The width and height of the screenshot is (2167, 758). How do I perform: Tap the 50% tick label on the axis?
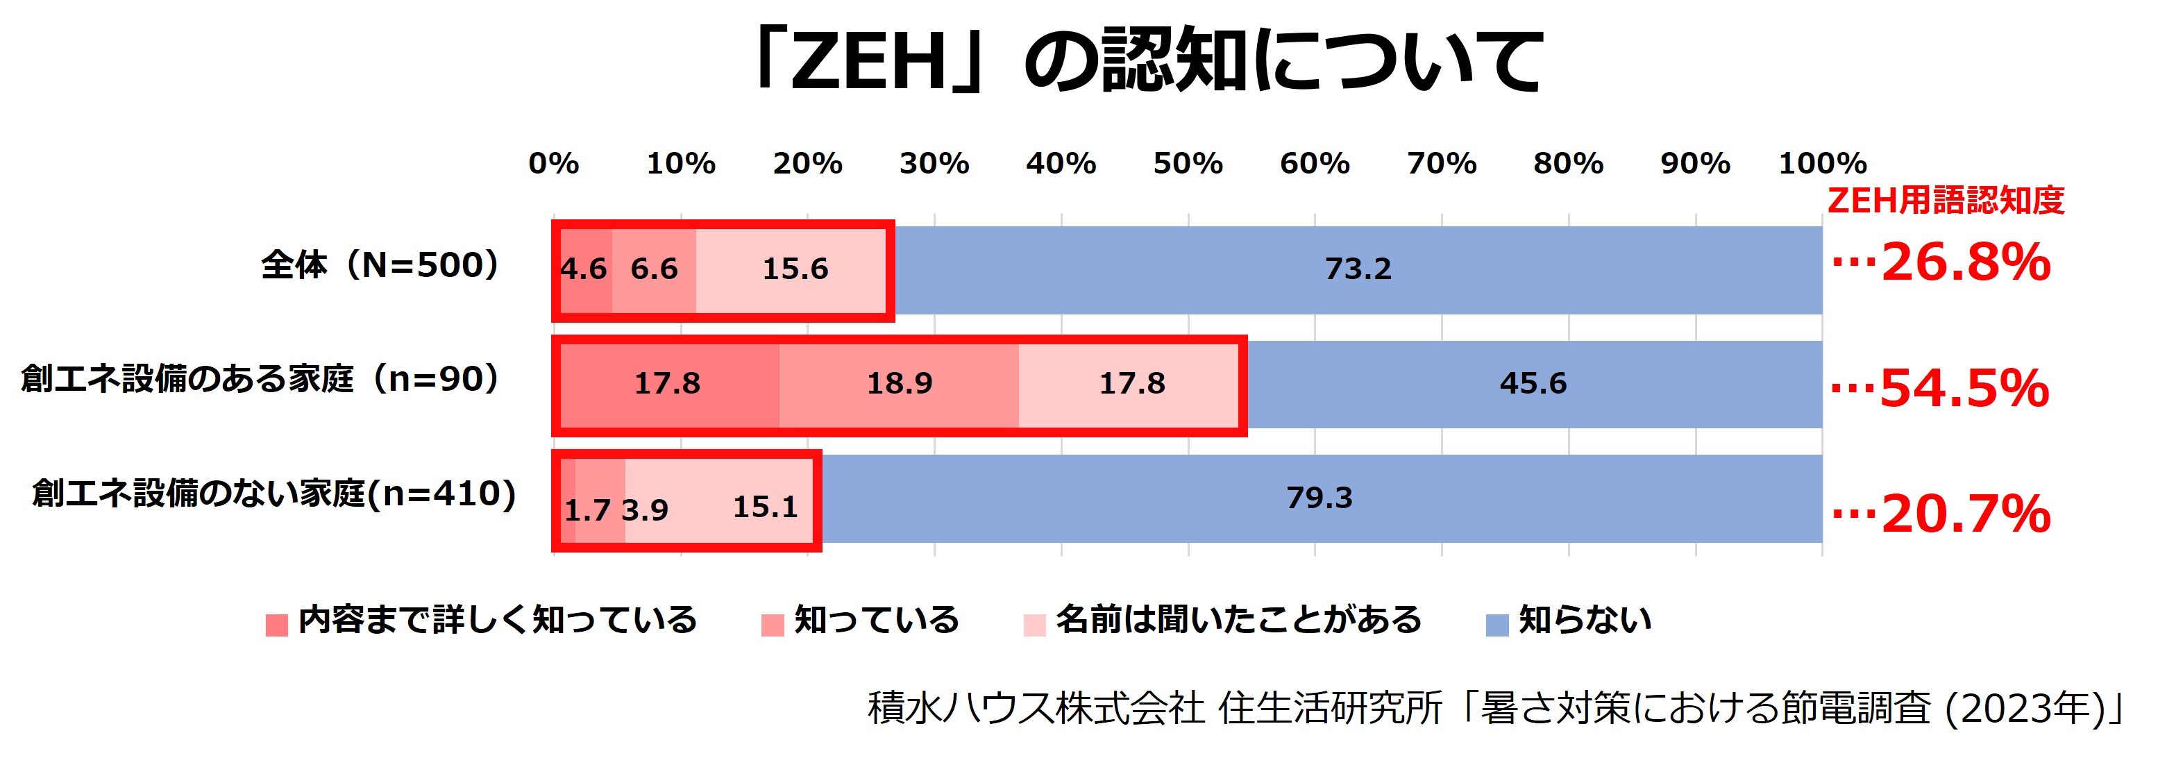click(1188, 163)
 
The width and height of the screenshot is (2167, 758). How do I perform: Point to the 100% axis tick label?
click(1822, 163)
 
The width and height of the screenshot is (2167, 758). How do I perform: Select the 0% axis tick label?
click(553, 163)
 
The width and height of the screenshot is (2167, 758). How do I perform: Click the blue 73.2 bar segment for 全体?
click(1358, 269)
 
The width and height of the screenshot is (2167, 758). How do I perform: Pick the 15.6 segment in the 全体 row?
click(794, 269)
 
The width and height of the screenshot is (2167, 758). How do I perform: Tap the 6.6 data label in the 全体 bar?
click(654, 269)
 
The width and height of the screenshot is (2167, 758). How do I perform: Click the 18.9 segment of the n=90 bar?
click(900, 384)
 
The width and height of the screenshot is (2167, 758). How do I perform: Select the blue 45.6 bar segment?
click(1533, 384)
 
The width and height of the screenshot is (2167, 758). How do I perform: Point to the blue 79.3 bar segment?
click(1319, 498)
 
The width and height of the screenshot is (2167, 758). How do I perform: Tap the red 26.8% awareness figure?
click(1965, 262)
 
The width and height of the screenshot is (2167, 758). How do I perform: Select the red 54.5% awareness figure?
click(1964, 389)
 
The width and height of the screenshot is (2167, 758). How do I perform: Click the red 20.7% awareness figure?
click(1965, 513)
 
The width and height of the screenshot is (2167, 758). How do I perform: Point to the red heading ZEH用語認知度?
click(1945, 200)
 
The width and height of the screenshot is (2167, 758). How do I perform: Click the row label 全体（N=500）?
click(380, 266)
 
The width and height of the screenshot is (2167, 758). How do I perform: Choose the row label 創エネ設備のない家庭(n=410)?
click(274, 494)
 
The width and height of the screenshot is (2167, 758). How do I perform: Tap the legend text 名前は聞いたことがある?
click(1238, 620)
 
